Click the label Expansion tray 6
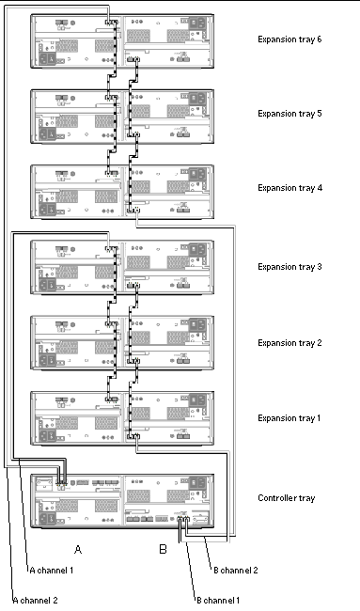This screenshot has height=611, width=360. click(290, 39)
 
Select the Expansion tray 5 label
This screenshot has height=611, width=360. click(290, 114)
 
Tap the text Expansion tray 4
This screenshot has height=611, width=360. click(290, 188)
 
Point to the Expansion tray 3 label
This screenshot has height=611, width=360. click(290, 267)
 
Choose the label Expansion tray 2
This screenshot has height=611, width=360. click(290, 343)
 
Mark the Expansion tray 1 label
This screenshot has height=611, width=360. click(289, 418)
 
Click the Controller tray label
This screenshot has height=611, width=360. click(287, 498)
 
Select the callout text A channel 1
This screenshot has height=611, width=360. click(52, 571)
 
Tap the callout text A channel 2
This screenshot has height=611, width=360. click(36, 600)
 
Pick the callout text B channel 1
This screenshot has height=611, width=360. click(218, 600)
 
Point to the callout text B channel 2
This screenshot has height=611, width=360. click(236, 571)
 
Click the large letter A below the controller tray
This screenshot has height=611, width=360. click(78, 550)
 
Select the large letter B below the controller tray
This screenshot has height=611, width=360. click(163, 550)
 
